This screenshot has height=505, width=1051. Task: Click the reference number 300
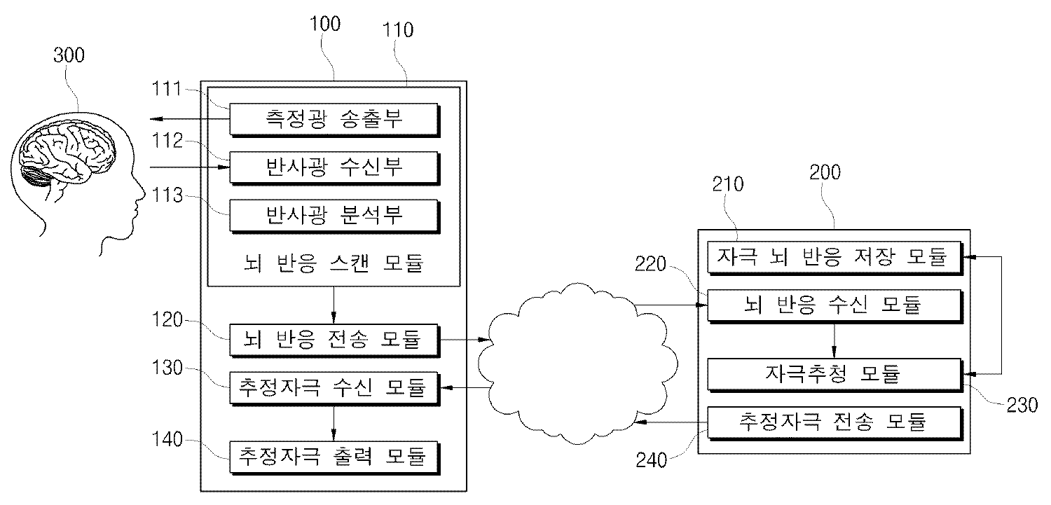click(69, 55)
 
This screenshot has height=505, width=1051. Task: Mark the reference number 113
click(169, 195)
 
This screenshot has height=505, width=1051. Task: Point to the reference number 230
click(1020, 406)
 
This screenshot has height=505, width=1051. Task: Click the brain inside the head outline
click(67, 151)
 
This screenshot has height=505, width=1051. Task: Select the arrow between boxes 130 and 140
click(334, 422)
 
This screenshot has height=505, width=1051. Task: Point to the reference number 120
click(169, 320)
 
